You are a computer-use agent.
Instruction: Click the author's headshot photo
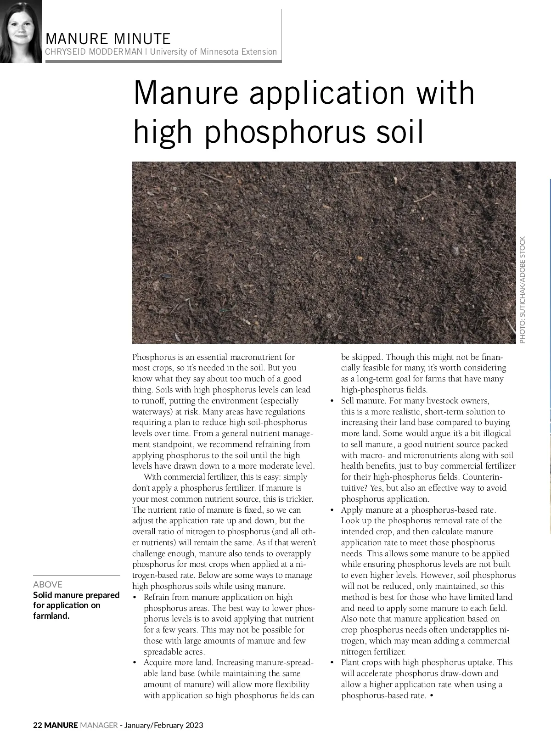pyautogui.click(x=21, y=31)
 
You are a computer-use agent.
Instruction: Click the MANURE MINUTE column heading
pyautogui.click(x=108, y=39)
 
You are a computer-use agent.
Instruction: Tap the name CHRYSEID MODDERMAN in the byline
pyautogui.click(x=94, y=52)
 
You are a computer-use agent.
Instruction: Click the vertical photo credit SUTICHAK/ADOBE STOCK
pyautogui.click(x=523, y=290)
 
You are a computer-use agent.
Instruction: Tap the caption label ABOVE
pyautogui.click(x=48, y=584)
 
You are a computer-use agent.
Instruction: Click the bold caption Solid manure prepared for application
pyautogui.click(x=76, y=605)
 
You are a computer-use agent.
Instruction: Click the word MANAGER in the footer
pyautogui.click(x=98, y=726)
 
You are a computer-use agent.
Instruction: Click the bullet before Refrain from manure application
pyautogui.click(x=135, y=598)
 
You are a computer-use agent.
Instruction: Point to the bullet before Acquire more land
pyautogui.click(x=135, y=663)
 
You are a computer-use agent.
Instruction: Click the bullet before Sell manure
pyautogui.click(x=332, y=401)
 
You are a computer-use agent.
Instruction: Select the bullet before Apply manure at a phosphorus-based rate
pyautogui.click(x=332, y=510)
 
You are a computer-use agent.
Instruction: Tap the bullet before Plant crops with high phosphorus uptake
pyautogui.click(x=332, y=663)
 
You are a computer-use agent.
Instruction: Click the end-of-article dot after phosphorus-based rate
pyautogui.click(x=433, y=696)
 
